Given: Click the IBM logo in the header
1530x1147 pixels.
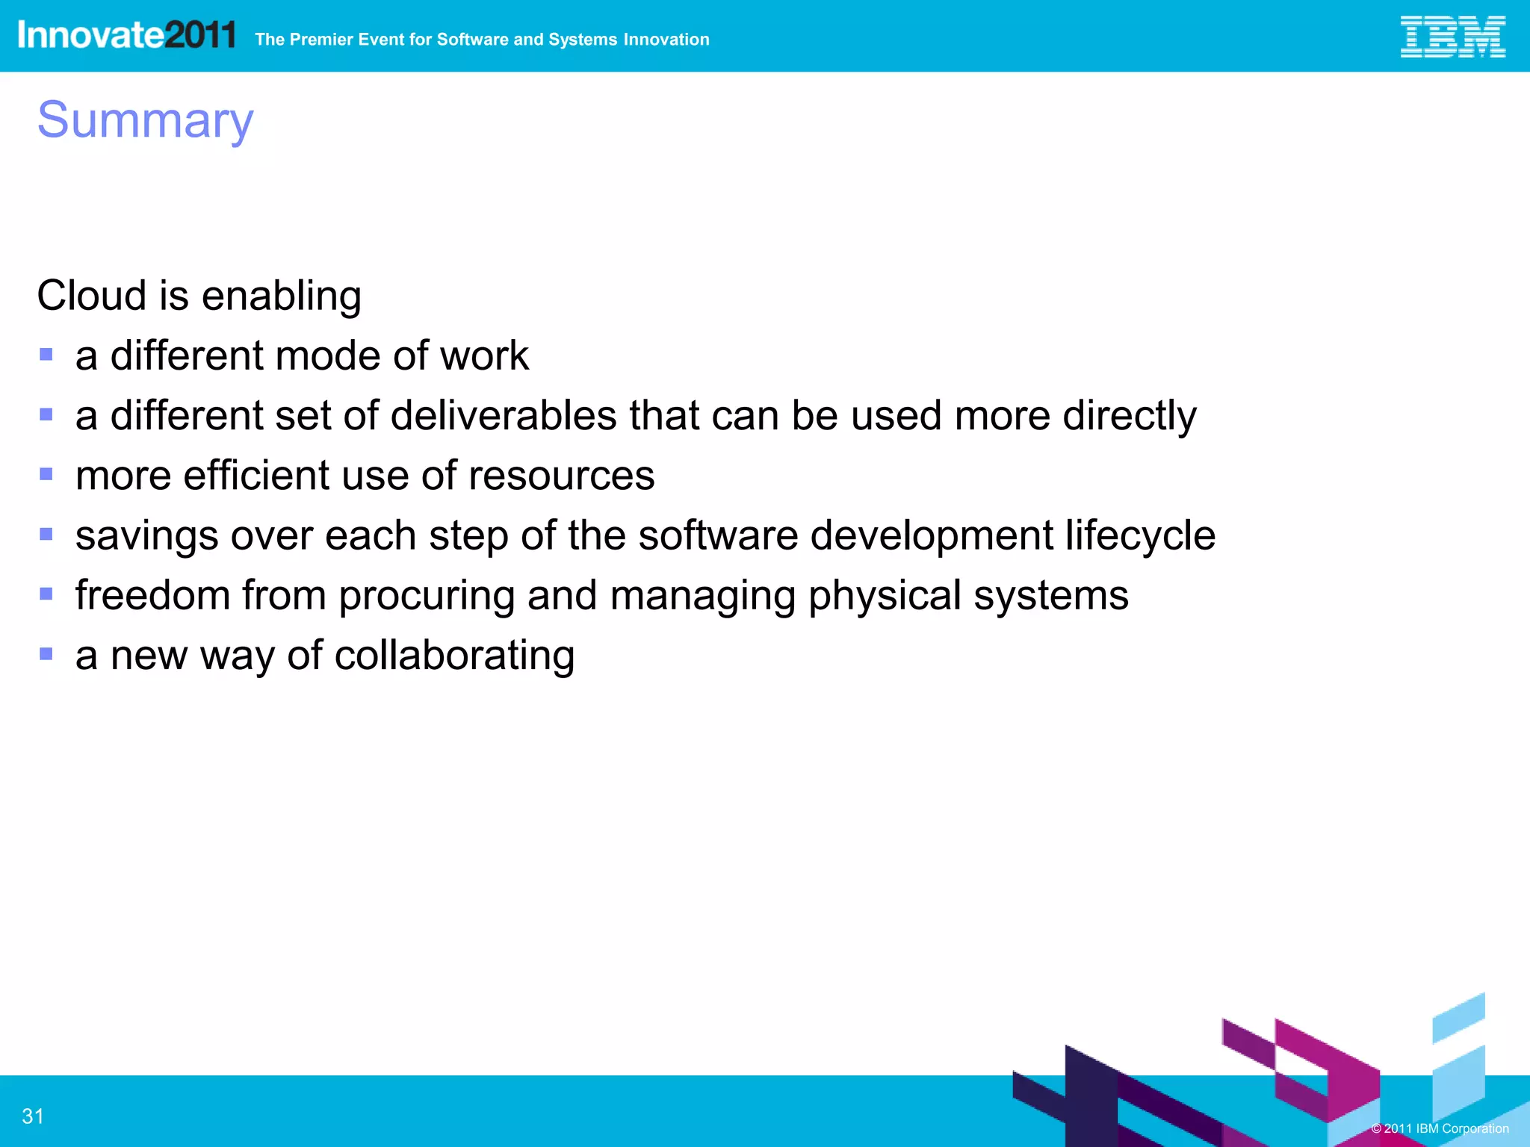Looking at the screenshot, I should point(1452,37).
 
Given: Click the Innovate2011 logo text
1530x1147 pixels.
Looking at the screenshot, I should point(126,35).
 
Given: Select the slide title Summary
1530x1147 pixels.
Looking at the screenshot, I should point(146,119).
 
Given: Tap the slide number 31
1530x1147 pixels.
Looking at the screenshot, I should point(33,1116).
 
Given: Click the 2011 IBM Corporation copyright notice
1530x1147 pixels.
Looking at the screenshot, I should point(1440,1128).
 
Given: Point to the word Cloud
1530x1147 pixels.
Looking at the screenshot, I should point(91,296).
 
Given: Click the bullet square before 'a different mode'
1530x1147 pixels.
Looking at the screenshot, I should point(46,354).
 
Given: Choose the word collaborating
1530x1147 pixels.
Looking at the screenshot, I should point(454,656).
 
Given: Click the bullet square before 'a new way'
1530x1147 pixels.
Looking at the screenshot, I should point(46,654).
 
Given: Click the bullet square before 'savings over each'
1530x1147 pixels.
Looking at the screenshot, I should point(46,534).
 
